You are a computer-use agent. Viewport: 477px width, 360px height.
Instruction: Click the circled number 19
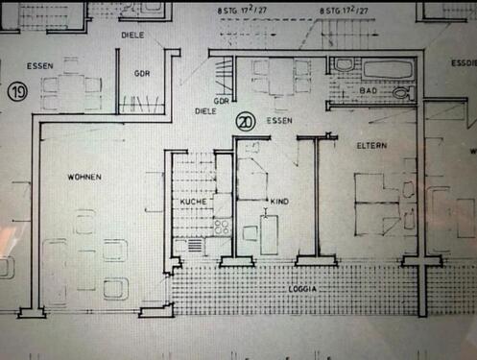(17, 93)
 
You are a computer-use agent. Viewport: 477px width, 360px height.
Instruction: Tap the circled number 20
(245, 122)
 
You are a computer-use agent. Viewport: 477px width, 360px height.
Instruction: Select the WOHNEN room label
(84, 178)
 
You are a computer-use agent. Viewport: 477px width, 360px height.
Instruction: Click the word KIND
(280, 202)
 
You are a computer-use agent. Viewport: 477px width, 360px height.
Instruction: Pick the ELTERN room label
(371, 146)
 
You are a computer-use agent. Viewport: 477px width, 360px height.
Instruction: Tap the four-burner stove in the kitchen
(222, 228)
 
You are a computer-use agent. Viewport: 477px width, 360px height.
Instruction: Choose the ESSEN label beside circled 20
(280, 122)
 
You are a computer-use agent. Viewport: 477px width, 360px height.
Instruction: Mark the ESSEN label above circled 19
(40, 66)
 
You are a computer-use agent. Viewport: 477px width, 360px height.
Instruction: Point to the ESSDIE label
(463, 65)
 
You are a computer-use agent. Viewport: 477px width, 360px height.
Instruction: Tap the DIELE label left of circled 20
(204, 111)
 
